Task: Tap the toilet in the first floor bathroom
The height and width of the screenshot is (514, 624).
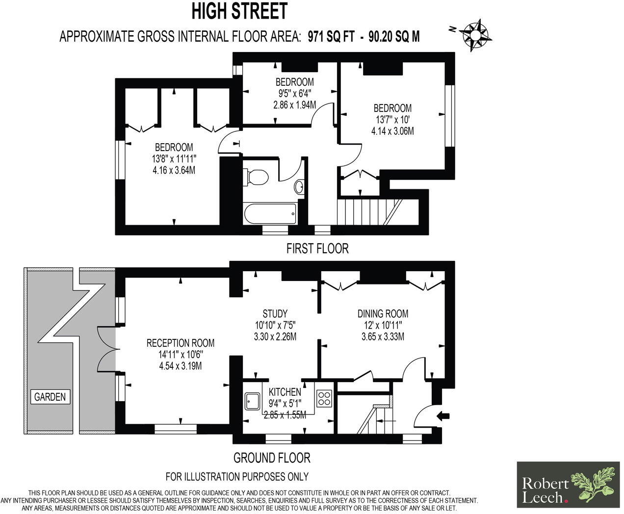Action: click(x=256, y=176)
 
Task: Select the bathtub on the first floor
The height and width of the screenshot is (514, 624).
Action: click(x=270, y=213)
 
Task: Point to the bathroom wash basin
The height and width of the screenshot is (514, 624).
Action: click(x=299, y=186)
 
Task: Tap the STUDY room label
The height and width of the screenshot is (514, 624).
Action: click(x=275, y=313)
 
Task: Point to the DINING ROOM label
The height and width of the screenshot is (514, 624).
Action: click(x=383, y=313)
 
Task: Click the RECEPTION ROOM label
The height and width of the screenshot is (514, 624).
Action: click(x=181, y=343)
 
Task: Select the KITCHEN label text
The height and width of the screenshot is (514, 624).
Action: click(x=285, y=392)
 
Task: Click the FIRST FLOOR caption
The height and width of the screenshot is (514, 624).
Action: click(x=317, y=249)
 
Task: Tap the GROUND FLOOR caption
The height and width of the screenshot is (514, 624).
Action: click(x=272, y=458)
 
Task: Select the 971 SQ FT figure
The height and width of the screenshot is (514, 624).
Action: click(x=330, y=37)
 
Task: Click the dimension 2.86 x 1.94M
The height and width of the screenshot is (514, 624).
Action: click(x=294, y=104)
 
